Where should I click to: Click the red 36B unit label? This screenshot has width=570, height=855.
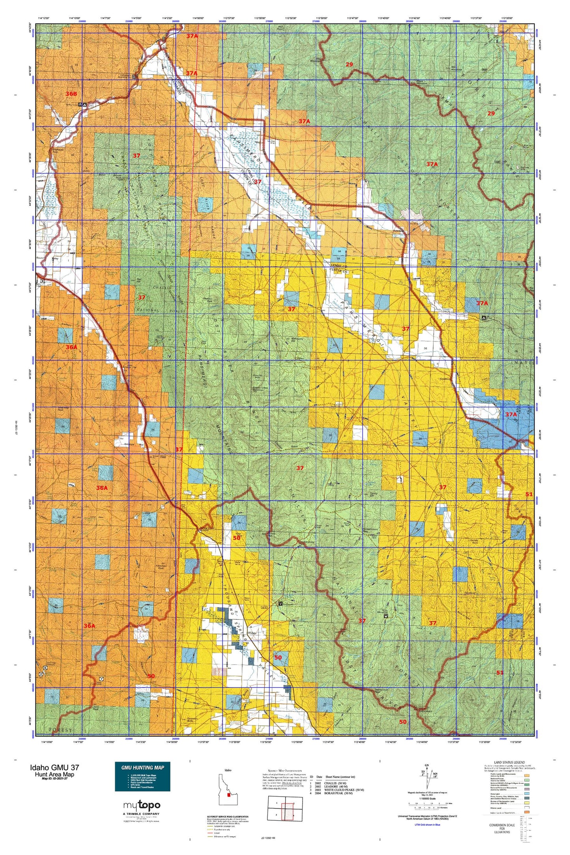[71, 94]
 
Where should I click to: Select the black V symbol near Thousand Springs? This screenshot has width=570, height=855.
[280, 603]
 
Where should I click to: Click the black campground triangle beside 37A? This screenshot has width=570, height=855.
[484, 317]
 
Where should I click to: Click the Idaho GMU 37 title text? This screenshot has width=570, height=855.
[54, 767]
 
